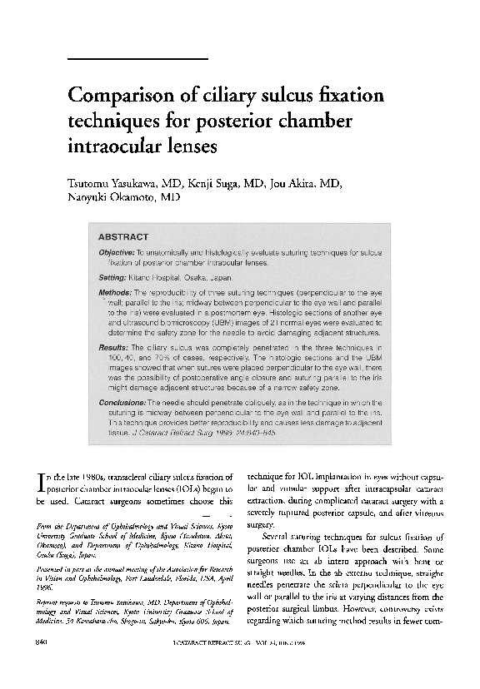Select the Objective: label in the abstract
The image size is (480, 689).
click(x=122, y=252)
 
